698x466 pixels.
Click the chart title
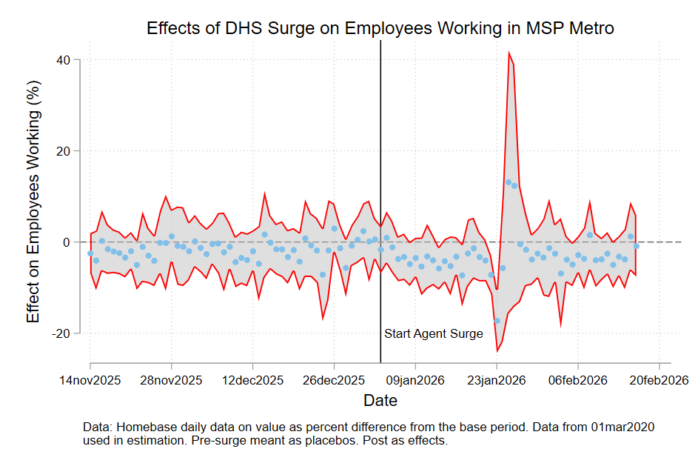coord(381,29)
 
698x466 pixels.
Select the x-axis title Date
coord(380,401)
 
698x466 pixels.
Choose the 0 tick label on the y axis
coord(75,242)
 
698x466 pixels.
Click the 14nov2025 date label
coord(90,381)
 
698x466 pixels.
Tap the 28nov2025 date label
coord(172,381)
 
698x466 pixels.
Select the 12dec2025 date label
coord(253,381)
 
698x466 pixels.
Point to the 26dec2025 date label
coord(334,381)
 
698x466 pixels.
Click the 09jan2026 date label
coord(415,381)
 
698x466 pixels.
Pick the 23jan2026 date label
coord(497,381)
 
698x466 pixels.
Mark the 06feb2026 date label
coord(578,381)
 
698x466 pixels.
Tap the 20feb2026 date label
coord(659,381)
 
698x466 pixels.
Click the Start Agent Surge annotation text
coord(433,334)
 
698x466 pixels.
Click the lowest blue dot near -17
coord(497,321)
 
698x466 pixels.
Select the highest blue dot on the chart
coord(509,182)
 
